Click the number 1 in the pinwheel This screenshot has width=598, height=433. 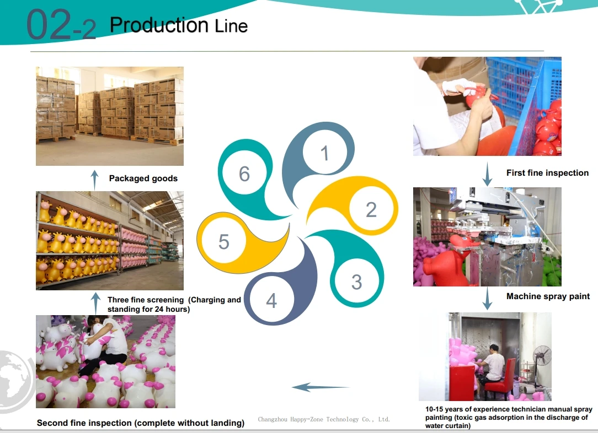pyautogui.click(x=324, y=153)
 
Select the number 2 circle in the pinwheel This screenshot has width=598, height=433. pyautogui.click(x=371, y=209)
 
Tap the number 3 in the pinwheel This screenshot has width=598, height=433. pyautogui.click(x=356, y=282)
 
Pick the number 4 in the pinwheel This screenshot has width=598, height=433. pyautogui.click(x=271, y=301)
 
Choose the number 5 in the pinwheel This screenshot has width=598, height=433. pyautogui.click(x=223, y=242)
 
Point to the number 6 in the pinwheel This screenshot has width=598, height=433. pyautogui.click(x=244, y=174)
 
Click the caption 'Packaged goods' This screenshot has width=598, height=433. pyautogui.click(x=143, y=178)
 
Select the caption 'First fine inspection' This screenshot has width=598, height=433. pyautogui.click(x=547, y=173)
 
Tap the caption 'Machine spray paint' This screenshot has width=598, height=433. pyautogui.click(x=548, y=296)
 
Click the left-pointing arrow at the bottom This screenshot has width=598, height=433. pyautogui.click(x=320, y=387)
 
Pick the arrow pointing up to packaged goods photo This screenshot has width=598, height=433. pyautogui.click(x=94, y=180)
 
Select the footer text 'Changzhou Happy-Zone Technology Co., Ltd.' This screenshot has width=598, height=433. pyautogui.click(x=324, y=419)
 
